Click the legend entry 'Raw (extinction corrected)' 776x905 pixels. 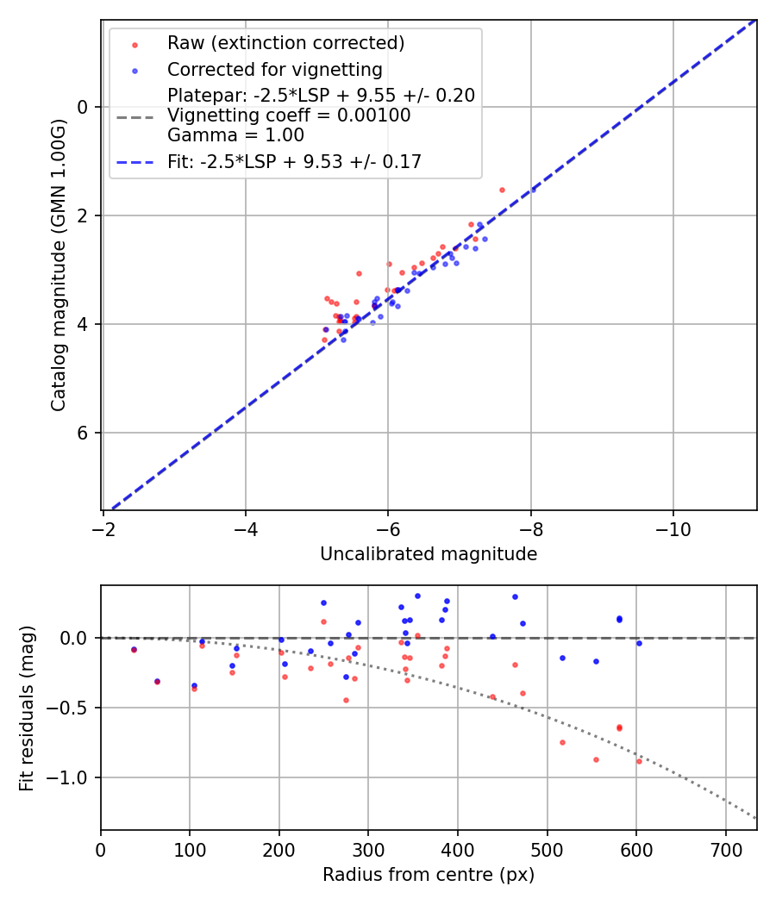[285, 43]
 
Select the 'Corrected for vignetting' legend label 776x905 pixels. [274, 70]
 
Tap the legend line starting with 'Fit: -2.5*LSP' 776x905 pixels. [294, 161]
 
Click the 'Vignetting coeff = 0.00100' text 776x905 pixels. [289, 115]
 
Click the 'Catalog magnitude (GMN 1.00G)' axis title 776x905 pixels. [58, 265]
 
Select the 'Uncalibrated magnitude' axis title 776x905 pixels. [429, 554]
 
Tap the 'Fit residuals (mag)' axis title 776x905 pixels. [27, 708]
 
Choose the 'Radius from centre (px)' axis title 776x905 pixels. [429, 875]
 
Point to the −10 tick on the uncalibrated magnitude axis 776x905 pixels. [673, 529]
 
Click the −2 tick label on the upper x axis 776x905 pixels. [103, 529]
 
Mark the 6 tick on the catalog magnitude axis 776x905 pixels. [84, 433]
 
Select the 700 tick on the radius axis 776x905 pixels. [725, 849]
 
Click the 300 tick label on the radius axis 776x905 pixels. [368, 849]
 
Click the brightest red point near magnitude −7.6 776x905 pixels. [502, 190]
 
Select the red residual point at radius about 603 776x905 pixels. [639, 761]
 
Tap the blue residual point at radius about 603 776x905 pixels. [639, 643]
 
